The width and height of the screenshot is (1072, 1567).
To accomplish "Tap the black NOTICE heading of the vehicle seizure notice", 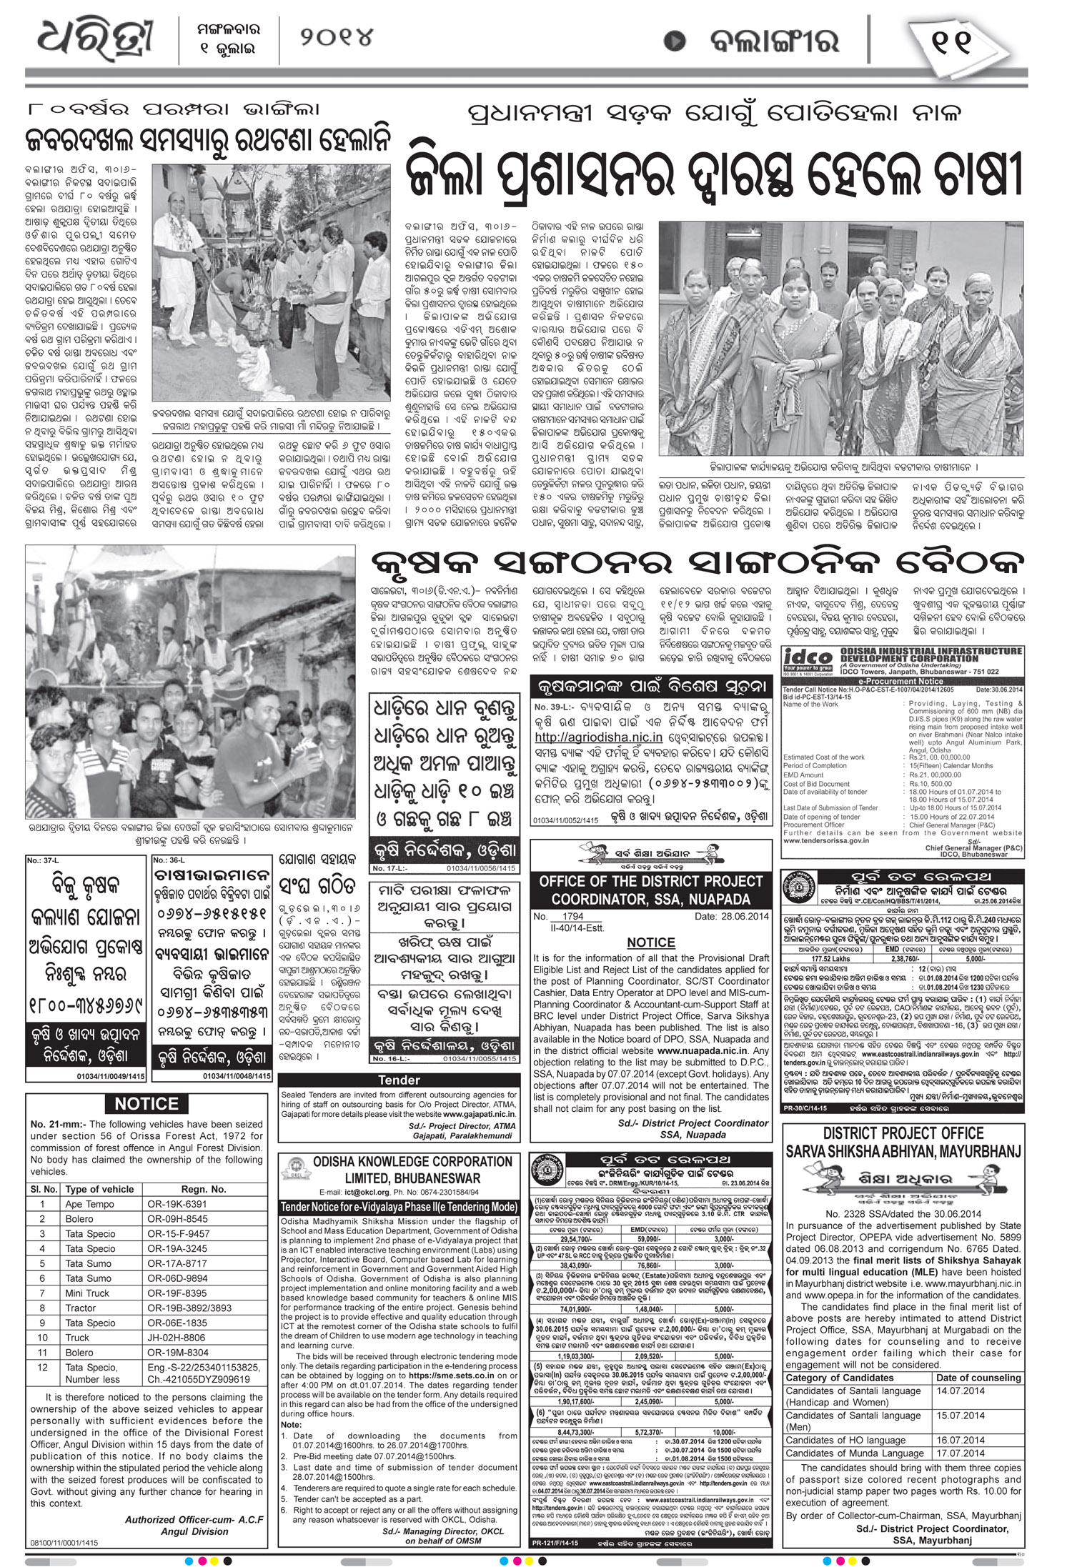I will (146, 1104).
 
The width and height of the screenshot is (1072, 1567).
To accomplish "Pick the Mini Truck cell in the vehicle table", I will (87, 1293).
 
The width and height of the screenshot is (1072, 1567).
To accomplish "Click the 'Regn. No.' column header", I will (204, 1189).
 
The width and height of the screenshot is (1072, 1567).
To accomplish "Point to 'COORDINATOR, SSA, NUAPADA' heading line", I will (650, 899).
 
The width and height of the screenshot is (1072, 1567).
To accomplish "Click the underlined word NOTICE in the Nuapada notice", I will (650, 942).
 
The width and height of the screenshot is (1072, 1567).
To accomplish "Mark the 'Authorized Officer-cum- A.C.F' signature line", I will (194, 1514).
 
